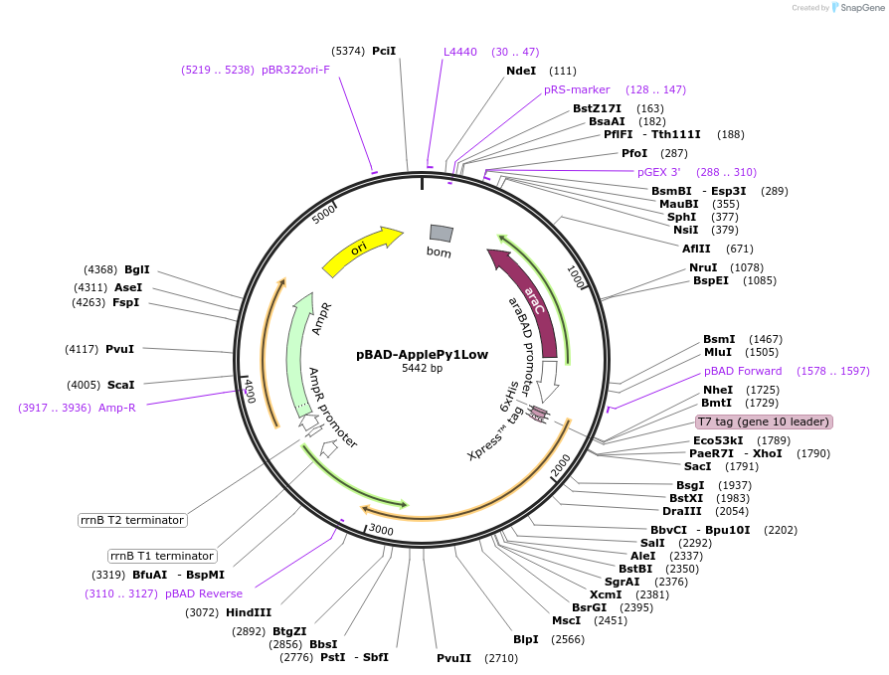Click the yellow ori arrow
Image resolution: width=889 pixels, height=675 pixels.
[361, 252]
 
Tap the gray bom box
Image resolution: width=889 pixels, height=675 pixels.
[441, 233]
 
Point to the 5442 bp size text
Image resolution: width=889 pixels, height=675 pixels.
[423, 369]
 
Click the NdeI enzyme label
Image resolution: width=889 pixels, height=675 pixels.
[521, 71]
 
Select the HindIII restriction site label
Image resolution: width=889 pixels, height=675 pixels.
[249, 612]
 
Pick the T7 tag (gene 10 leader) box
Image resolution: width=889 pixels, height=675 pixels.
[764, 422]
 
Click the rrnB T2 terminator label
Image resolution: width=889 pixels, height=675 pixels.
[132, 520]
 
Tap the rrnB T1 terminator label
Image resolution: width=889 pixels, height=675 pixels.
[162, 556]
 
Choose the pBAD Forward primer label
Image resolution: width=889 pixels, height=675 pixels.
[743, 371]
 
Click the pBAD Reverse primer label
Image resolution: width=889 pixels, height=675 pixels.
[204, 593]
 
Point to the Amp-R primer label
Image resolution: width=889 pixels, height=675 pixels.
[117, 408]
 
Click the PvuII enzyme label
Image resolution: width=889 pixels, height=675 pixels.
[453, 658]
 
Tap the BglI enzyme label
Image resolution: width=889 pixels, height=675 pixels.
[137, 269]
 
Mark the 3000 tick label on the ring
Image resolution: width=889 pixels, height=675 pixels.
[382, 531]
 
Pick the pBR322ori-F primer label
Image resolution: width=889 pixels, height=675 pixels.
[295, 70]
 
